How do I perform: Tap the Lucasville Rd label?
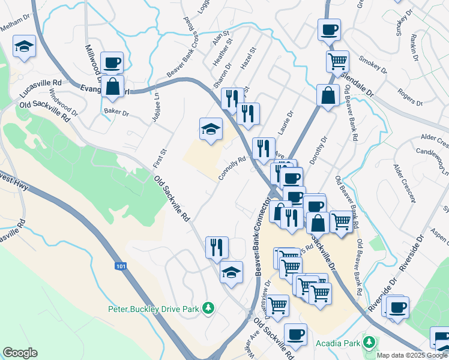click(41, 89)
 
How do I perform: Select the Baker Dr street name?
click(116, 112)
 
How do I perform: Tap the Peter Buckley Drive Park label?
click(153, 309)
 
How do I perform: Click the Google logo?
click(20, 353)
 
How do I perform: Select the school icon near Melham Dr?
click(25, 46)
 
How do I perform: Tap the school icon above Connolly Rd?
click(211, 128)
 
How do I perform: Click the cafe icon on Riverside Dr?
click(397, 308)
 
